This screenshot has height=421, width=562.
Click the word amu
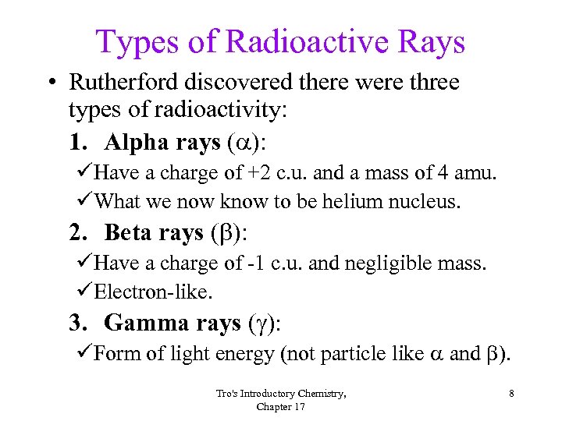(x=475, y=173)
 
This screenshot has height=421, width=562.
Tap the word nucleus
(x=427, y=203)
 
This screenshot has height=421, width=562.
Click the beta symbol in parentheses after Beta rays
(x=221, y=233)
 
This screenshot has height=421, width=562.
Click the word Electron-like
(x=153, y=292)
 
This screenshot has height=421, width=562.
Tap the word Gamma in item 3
(x=142, y=323)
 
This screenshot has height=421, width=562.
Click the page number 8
(x=510, y=394)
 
